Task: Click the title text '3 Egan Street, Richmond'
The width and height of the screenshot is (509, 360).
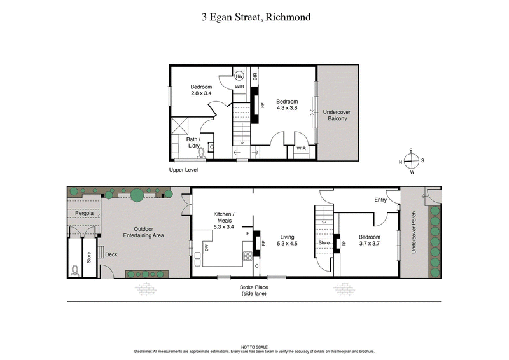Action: coord(254,17)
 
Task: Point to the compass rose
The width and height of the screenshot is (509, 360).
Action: coord(411,161)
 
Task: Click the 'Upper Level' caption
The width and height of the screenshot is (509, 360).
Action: coord(184,170)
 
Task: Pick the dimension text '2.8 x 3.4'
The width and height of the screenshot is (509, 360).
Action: coord(201,93)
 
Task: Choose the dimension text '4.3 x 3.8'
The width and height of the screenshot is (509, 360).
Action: coord(287,108)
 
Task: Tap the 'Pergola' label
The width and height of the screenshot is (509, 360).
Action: coord(84,214)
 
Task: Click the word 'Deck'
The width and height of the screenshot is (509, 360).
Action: coord(111,254)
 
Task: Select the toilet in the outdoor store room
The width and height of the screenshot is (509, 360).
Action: coord(77,270)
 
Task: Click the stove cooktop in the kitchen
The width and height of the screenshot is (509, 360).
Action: coord(248,256)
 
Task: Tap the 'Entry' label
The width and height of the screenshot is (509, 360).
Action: coord(380,200)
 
